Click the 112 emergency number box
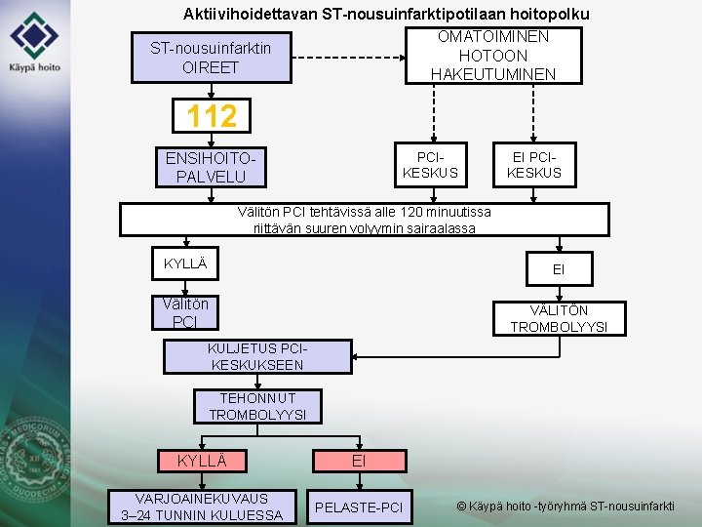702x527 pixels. coord(212,116)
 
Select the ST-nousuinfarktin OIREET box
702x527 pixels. coord(211,58)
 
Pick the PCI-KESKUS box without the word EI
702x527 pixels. coord(429,165)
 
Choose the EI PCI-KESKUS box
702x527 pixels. coord(534,165)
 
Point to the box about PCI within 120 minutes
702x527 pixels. coord(364,220)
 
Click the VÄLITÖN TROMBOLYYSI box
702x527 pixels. coord(559,318)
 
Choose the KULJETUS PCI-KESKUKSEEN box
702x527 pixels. coord(257,356)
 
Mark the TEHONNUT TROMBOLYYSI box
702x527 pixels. coord(257,406)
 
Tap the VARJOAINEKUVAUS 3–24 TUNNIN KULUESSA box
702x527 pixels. coord(202,506)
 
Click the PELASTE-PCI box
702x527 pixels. coord(359,507)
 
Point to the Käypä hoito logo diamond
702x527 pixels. coord(34,36)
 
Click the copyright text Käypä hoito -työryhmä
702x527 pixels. coord(565,506)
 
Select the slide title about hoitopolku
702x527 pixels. coord(386,14)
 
